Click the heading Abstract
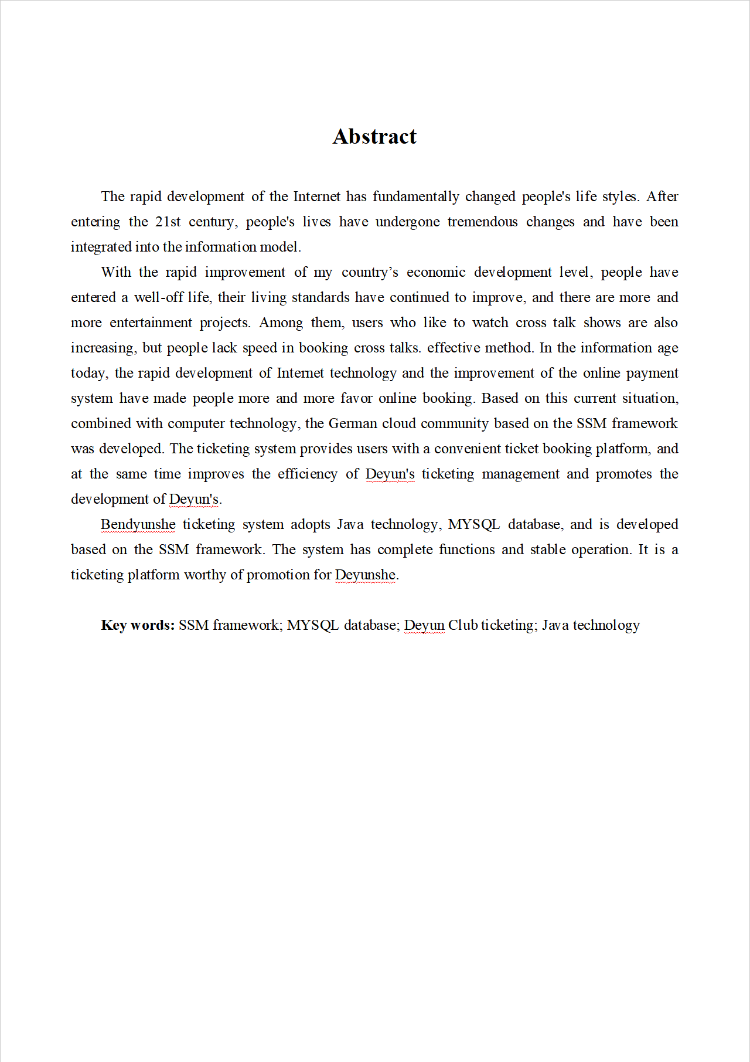[x=374, y=137]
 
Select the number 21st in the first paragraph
[x=168, y=222]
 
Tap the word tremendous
[x=482, y=222]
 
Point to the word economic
[x=436, y=272]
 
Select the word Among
[x=281, y=323]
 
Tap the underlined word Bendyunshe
[x=138, y=524]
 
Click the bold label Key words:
[x=138, y=625]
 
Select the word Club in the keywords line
[x=463, y=625]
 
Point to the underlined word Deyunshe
[x=365, y=575]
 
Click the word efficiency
[x=308, y=474]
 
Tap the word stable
[x=547, y=549]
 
